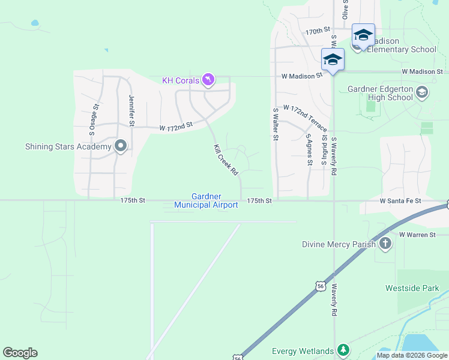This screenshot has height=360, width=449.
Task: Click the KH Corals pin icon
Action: tap(208, 80)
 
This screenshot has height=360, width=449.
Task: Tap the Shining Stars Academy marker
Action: tap(121, 146)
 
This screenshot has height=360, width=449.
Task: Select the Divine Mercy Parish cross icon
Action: tap(385, 244)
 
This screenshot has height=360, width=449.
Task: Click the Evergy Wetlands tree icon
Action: tap(343, 350)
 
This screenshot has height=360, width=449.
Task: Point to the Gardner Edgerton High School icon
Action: tap(421, 92)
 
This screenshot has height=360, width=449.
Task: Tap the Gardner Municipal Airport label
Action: tap(206, 200)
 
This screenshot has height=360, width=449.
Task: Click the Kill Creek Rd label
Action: tap(226, 160)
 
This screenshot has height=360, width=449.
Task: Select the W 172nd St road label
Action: tap(175, 127)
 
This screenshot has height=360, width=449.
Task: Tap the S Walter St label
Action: tap(276, 124)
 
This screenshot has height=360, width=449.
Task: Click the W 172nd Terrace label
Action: tap(306, 118)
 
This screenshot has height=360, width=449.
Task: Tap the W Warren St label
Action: tap(417, 235)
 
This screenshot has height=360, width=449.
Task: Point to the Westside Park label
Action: tap(412, 288)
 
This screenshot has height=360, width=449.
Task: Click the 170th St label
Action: tap(318, 30)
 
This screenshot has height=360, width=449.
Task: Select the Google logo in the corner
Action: tap(20, 353)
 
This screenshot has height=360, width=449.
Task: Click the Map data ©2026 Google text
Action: tap(411, 355)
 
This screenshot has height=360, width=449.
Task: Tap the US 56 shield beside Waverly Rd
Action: tap(321, 286)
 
